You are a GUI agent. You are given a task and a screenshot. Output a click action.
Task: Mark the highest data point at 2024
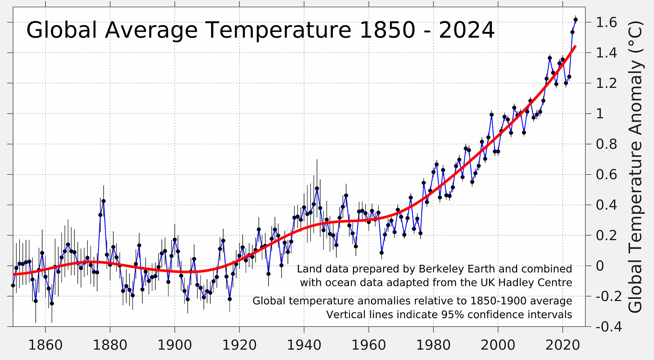575,19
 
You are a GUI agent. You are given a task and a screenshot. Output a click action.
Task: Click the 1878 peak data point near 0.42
103,201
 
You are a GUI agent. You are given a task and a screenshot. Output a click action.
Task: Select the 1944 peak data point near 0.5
317,189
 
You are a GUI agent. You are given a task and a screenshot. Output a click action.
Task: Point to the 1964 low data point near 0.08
381,253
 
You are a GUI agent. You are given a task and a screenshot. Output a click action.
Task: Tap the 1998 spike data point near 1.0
491,114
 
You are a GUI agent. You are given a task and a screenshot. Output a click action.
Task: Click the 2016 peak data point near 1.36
550,58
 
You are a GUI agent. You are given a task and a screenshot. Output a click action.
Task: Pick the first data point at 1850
13,285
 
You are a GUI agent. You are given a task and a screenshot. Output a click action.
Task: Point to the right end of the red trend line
575,46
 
